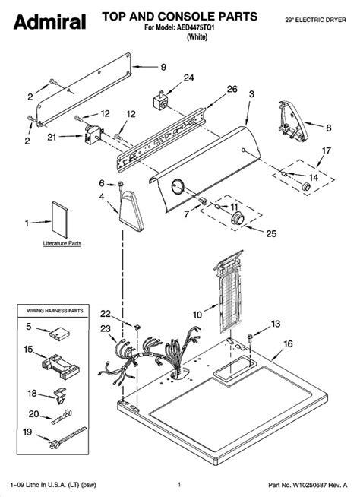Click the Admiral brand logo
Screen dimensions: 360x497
(x=49, y=22)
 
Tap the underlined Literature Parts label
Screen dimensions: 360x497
(x=62, y=243)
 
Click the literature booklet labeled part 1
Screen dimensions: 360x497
(x=60, y=220)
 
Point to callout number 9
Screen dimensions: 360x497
(x=163, y=67)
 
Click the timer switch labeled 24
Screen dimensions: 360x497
(x=161, y=101)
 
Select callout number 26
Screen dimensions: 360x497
(x=232, y=89)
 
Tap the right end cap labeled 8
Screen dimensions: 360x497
(x=293, y=121)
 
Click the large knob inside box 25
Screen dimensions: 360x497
(x=238, y=218)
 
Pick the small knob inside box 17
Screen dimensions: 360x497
(x=306, y=187)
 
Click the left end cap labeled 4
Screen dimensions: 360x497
(x=131, y=211)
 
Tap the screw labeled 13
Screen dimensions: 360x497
(x=250, y=337)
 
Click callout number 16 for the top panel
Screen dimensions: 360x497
(x=288, y=344)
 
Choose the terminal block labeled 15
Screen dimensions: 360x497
(x=61, y=366)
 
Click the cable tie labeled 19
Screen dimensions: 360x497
(x=68, y=438)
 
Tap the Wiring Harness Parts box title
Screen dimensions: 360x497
(x=55, y=311)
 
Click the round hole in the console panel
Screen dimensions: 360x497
(x=178, y=185)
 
